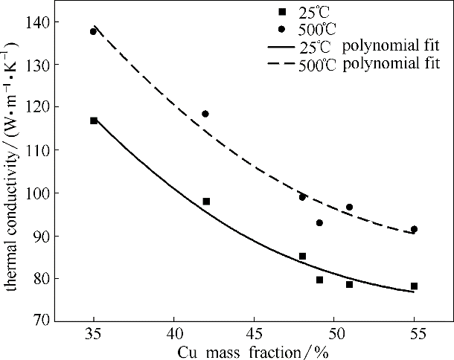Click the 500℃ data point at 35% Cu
93,31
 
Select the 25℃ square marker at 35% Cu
94,120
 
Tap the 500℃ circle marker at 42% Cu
205,114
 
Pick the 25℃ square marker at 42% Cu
206,202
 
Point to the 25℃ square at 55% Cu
414,286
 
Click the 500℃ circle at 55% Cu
414,229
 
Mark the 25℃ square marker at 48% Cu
302,257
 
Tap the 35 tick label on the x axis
93,331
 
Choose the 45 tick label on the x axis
254,331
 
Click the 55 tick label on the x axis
414,331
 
